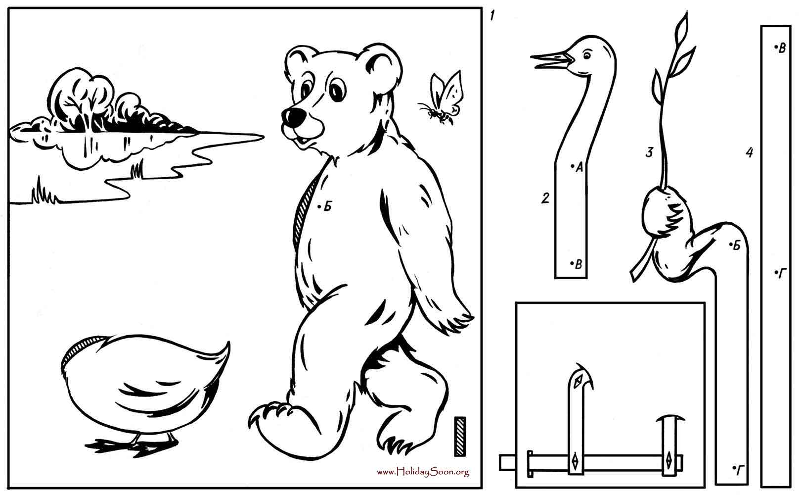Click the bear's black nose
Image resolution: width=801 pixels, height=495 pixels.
[x=294, y=117]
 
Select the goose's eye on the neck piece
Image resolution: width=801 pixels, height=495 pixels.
[x=587, y=55]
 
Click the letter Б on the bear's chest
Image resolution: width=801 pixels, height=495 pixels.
[x=328, y=206]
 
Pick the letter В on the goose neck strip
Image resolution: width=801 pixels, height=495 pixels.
[x=578, y=264]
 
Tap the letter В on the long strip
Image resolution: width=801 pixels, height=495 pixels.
[x=782, y=48]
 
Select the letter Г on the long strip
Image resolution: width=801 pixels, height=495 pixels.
[x=782, y=274]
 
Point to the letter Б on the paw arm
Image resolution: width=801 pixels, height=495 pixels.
[x=736, y=246]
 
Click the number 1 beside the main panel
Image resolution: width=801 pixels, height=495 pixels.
[x=492, y=16]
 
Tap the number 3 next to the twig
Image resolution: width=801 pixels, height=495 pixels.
[x=649, y=152]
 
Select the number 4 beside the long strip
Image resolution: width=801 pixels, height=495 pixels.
[x=750, y=153]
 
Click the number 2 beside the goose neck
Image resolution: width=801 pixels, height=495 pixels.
[x=545, y=198]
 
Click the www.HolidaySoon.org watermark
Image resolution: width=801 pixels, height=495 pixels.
[x=423, y=472]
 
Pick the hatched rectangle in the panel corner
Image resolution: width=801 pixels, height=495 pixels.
[x=460, y=436]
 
